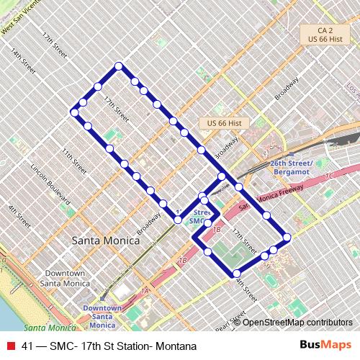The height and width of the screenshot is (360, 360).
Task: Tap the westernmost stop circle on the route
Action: [x=74, y=112]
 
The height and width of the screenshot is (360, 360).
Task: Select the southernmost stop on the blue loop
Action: [x=235, y=273]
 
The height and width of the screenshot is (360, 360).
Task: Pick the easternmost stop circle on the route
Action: [x=287, y=237]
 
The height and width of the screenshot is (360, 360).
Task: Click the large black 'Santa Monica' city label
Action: [x=105, y=241]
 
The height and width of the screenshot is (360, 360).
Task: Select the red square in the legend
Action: [x=10, y=346]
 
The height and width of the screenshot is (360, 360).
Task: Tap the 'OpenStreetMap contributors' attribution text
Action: [x=297, y=322]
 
